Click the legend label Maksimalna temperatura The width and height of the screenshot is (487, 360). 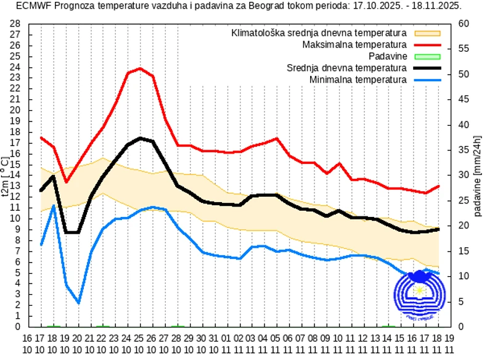(354, 44)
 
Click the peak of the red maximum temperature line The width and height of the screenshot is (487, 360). (140, 68)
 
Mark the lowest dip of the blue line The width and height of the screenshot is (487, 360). (78, 303)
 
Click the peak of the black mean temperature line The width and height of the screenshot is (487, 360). (140, 138)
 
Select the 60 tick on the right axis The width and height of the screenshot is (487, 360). (464, 23)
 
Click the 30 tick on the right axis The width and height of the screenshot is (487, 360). (464, 175)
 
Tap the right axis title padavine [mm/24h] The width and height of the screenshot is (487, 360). (478, 175)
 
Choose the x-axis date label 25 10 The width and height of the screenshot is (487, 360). (140, 343)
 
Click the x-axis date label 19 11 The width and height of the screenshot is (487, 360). (449, 343)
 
